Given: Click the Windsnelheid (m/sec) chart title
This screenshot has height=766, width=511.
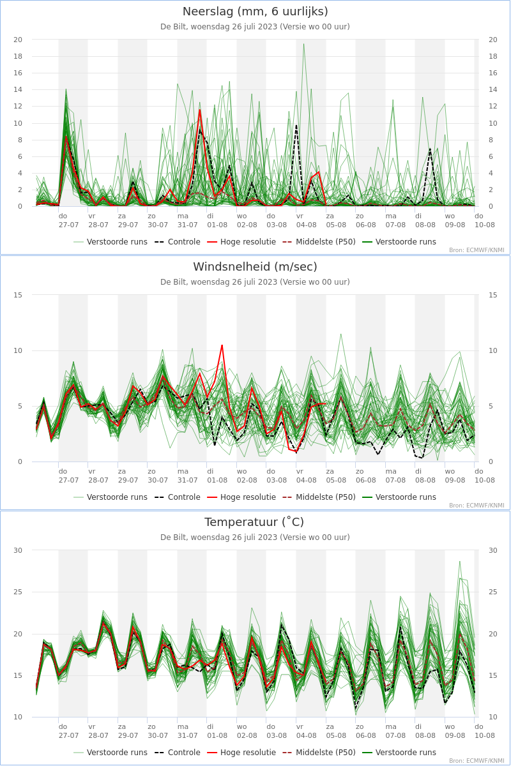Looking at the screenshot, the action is (255, 267).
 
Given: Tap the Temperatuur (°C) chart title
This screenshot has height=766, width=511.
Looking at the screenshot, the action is (254, 522).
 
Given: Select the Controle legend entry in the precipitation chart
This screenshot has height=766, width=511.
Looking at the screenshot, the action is (178, 242).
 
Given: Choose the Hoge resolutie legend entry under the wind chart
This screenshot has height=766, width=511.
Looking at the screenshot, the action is (241, 497).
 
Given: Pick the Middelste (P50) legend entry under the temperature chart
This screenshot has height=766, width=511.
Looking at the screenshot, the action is (319, 753).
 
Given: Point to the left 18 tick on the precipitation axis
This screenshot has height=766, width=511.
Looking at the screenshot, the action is (18, 56).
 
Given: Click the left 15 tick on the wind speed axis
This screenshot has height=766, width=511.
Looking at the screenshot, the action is (18, 295).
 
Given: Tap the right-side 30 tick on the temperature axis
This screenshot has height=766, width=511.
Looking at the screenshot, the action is (493, 550).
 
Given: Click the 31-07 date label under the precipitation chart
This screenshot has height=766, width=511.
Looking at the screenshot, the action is (188, 225).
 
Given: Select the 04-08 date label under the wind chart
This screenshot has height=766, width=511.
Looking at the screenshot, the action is (307, 481).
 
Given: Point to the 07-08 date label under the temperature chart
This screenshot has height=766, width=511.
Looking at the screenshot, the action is (395, 735).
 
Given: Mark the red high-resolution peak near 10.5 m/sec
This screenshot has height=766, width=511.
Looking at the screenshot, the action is (222, 345).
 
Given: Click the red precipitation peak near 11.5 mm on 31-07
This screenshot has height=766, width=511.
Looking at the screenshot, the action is (200, 110).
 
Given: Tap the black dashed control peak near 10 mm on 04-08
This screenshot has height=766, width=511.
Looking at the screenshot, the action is (296, 126).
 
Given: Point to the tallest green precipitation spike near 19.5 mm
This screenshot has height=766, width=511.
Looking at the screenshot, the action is (303, 44).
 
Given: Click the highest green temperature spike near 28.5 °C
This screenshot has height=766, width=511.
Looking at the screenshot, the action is (460, 562).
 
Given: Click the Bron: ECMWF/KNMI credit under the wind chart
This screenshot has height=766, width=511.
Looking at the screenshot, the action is (477, 506).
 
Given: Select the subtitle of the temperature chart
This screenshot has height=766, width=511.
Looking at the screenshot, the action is (255, 537).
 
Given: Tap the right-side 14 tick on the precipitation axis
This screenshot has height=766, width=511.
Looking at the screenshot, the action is (493, 89).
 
